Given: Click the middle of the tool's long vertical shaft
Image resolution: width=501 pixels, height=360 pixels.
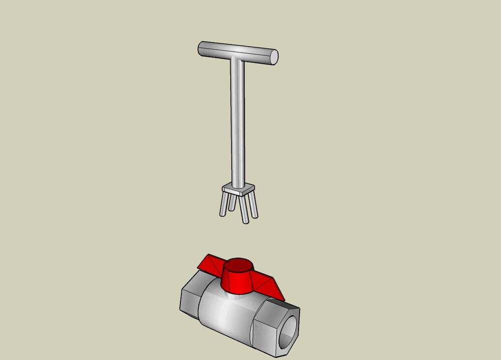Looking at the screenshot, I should (237, 120).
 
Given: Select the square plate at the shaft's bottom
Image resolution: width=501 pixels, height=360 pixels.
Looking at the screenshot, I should (239, 190).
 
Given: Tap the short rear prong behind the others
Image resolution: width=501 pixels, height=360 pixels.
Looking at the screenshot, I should (232, 202).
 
